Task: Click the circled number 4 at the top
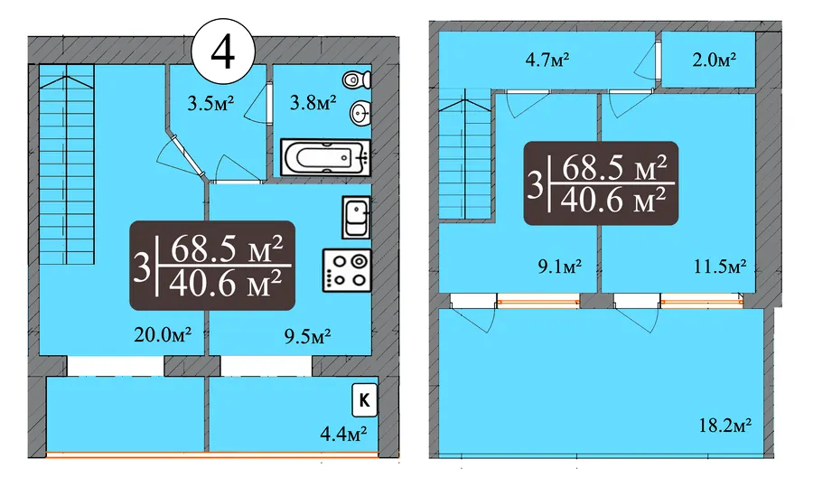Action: (223, 52)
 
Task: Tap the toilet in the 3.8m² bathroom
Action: (357, 80)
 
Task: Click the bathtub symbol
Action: (325, 157)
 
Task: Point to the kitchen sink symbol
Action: (356, 218)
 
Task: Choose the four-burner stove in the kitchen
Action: (347, 270)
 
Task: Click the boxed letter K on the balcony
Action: (365, 400)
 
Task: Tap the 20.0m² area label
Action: (163, 335)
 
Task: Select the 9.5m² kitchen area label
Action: (307, 337)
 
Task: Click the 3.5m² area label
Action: (210, 103)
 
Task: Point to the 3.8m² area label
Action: (313, 102)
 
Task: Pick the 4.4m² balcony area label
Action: (344, 433)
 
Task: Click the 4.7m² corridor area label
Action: (547, 60)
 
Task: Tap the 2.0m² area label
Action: (715, 60)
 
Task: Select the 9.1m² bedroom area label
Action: (559, 267)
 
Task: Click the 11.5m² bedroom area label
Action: (720, 267)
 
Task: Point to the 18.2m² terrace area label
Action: (725, 426)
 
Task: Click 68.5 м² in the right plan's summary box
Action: (614, 167)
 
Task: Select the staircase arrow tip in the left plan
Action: (67, 76)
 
